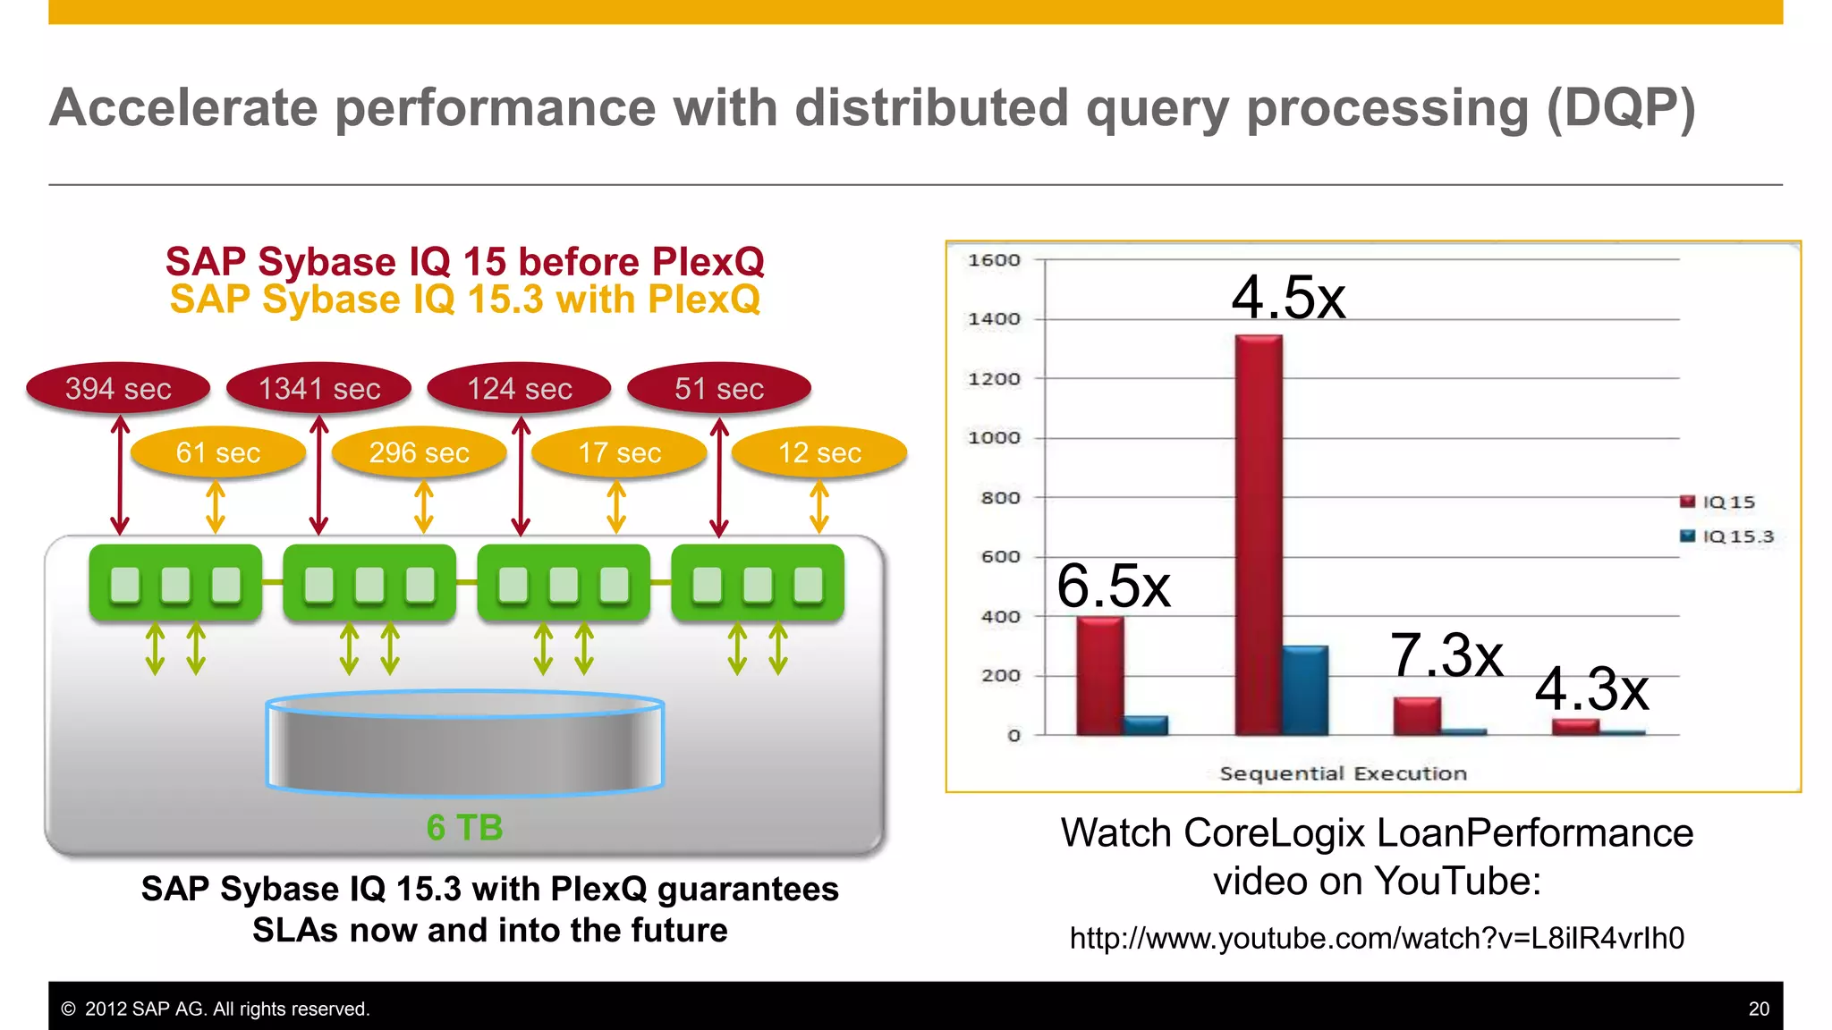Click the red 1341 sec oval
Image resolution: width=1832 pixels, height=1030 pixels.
pyautogui.click(x=319, y=388)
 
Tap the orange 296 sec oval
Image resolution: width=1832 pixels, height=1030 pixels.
pyautogui.click(x=419, y=452)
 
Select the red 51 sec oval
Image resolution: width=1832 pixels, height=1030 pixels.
pyautogui.click(x=719, y=388)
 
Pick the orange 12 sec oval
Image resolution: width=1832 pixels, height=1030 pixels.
pyautogui.click(x=819, y=452)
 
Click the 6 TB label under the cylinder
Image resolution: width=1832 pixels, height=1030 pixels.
pyautogui.click(x=464, y=828)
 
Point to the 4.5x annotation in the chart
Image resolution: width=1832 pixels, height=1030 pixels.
pyautogui.click(x=1288, y=297)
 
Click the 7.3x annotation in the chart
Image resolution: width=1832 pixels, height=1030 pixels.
pyautogui.click(x=1446, y=654)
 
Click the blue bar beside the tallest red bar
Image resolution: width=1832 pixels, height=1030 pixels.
pyautogui.click(x=1305, y=689)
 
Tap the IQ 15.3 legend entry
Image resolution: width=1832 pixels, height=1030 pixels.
pyautogui.click(x=1728, y=536)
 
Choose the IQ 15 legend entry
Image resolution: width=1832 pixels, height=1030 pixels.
pyautogui.click(x=1719, y=502)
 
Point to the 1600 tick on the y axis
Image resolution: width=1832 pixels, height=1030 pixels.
pyautogui.click(x=994, y=260)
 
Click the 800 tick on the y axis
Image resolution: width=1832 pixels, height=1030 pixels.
pyautogui.click(x=1000, y=498)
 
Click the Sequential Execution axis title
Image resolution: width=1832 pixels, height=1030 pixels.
pyautogui.click(x=1343, y=773)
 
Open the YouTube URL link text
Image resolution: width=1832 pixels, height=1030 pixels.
pyautogui.click(x=1377, y=938)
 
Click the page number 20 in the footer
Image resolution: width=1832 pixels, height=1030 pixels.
pyautogui.click(x=1758, y=1009)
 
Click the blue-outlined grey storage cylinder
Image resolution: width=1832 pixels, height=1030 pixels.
pyautogui.click(x=465, y=742)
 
